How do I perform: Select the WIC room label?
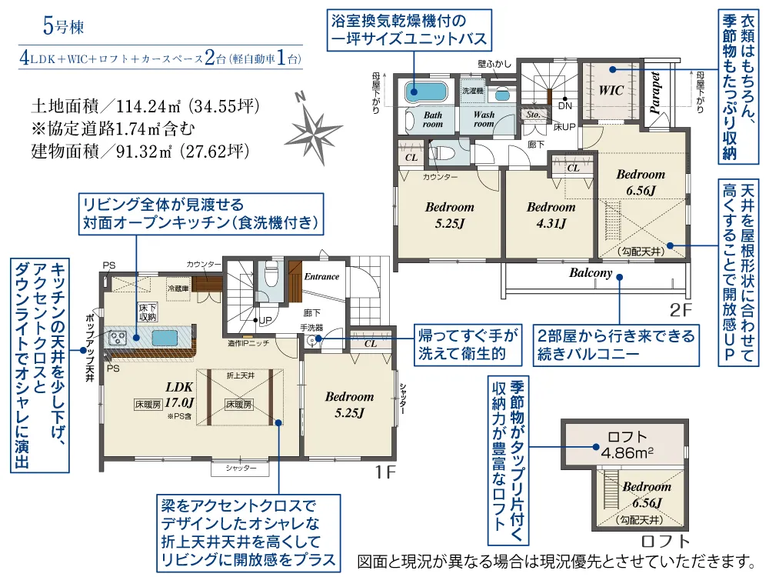click(x=611, y=90)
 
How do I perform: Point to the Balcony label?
click(x=591, y=273)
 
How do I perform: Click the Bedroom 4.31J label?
click(x=551, y=215)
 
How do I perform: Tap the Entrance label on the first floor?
click(x=321, y=276)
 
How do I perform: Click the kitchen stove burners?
click(x=118, y=337)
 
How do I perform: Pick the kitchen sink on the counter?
click(x=164, y=338)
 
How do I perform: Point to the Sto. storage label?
click(x=532, y=114)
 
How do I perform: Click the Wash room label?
click(x=484, y=118)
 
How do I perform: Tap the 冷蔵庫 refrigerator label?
click(x=178, y=287)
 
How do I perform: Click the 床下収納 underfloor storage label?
click(x=148, y=312)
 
